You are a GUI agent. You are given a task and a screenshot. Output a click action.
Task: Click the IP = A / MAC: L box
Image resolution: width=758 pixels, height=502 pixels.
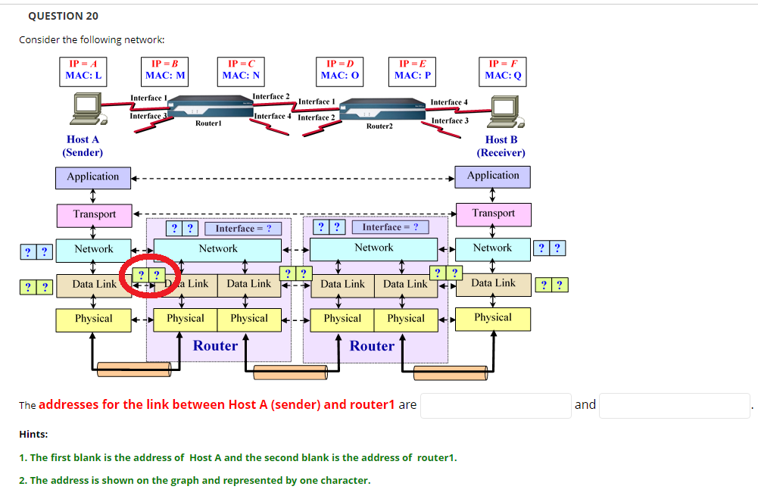click(x=84, y=70)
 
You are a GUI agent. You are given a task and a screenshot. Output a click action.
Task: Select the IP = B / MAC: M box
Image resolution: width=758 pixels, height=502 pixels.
click(x=165, y=70)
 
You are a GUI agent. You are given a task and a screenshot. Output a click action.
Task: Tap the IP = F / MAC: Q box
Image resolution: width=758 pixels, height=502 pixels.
click(x=504, y=70)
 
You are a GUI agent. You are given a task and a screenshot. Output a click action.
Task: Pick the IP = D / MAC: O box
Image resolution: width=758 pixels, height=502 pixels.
click(x=340, y=70)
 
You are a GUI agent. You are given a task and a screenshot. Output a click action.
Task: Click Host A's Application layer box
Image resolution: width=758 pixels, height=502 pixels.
click(x=93, y=177)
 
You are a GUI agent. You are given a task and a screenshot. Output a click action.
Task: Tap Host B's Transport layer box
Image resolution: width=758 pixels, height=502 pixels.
click(x=494, y=214)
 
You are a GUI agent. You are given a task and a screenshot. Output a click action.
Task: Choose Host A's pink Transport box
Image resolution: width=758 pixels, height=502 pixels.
click(x=94, y=215)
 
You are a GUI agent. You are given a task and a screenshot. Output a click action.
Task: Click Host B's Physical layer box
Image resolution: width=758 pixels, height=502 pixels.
click(x=493, y=319)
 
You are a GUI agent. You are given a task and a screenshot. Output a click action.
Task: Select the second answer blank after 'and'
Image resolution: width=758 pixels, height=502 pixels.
click(x=674, y=405)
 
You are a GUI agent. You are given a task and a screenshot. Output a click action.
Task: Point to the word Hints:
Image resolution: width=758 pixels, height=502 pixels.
click(x=33, y=434)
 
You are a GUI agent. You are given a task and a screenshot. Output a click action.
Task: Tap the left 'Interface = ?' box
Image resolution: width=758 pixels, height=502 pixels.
click(x=242, y=228)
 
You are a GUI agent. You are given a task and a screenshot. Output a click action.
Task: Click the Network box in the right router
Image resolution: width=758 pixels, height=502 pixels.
click(x=374, y=248)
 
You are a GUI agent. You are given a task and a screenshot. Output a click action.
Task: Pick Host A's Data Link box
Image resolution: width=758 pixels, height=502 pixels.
click(x=94, y=285)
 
